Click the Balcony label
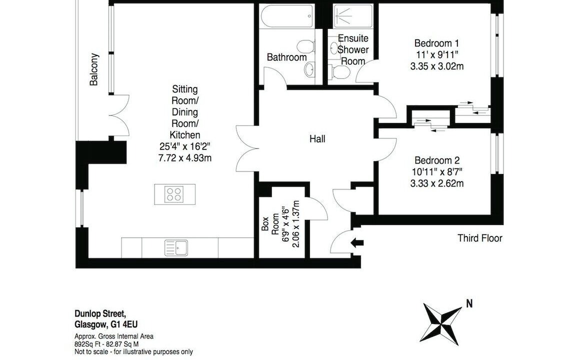point(94,69)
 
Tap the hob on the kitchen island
point(174,194)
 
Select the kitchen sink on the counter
point(176,247)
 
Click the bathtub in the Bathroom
point(286,16)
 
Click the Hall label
point(317,139)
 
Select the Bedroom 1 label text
point(436,43)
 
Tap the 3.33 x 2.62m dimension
point(437,183)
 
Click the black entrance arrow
point(357,243)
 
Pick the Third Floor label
point(480,238)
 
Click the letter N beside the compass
point(469,303)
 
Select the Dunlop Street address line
point(99,313)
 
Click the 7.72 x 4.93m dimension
point(185,158)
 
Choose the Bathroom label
point(286,57)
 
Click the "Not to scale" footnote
point(134,352)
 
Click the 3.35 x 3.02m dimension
point(437,66)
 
